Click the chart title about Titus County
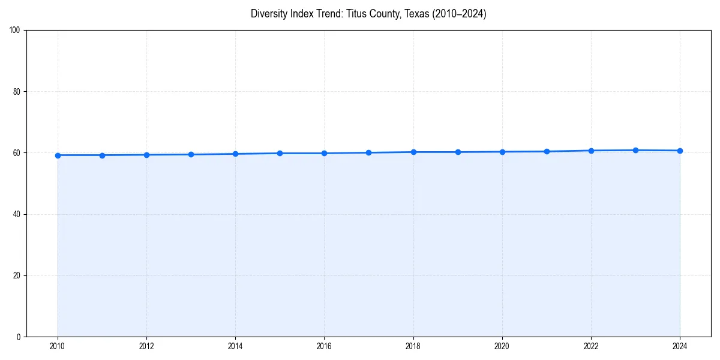368,14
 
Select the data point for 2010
58,155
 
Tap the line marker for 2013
191,154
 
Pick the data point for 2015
280,153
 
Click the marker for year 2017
368,152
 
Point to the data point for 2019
458,152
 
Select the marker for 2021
547,151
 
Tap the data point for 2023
635,150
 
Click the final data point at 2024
680,151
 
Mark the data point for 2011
102,155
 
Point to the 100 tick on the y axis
16,31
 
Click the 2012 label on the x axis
146,346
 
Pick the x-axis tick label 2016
324,346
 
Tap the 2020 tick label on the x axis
502,346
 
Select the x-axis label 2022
591,346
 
